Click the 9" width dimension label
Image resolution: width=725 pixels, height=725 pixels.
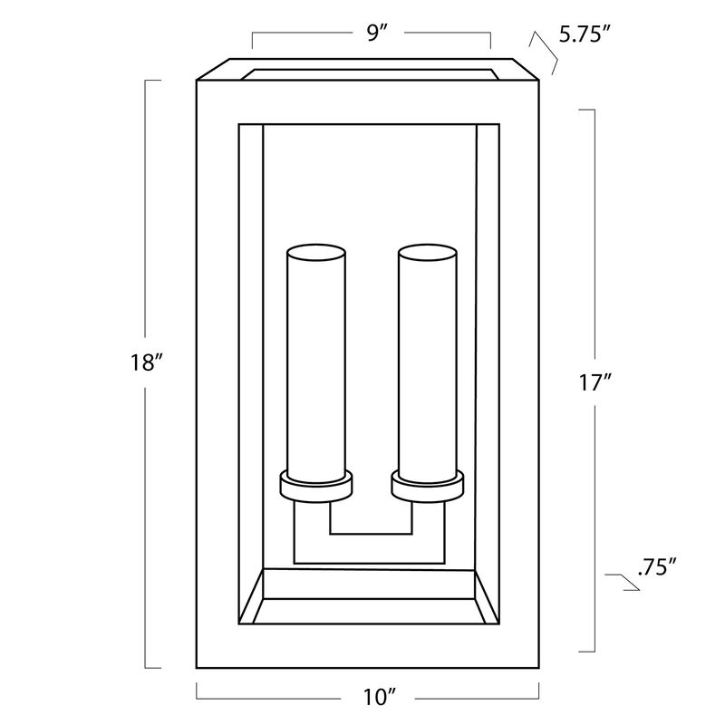[376, 33]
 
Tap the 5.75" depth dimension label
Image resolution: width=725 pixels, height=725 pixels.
[585, 34]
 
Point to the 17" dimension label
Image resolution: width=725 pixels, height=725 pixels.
[595, 382]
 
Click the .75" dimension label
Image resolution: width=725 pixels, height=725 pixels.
[657, 566]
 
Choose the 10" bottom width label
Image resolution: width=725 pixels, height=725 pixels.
[380, 697]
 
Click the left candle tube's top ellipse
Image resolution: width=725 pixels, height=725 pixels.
[316, 253]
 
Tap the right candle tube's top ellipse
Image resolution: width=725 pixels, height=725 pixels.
[428, 253]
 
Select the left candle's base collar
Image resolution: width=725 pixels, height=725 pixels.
[316, 487]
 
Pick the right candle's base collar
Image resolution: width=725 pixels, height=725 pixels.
[427, 487]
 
